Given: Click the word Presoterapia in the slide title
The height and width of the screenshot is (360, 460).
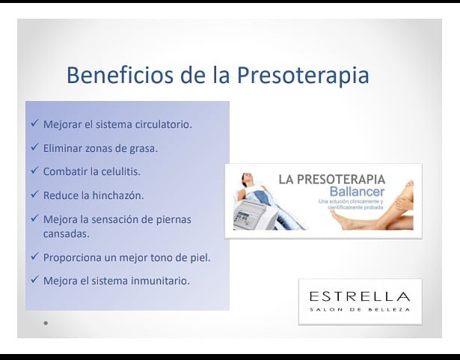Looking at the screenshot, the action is (x=303, y=76).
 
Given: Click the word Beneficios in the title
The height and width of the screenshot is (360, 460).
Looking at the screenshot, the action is (x=120, y=75).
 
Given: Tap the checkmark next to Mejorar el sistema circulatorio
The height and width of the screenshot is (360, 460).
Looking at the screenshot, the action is (x=34, y=123).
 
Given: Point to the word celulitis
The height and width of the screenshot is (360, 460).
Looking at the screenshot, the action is (x=121, y=171).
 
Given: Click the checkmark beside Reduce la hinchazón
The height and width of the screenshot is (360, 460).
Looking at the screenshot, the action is (x=34, y=194).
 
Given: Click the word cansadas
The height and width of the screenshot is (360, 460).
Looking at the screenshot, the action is (x=66, y=234).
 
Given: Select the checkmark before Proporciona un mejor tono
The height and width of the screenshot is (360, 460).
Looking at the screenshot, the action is (x=34, y=256).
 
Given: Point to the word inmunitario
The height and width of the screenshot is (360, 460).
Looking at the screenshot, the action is (x=160, y=281).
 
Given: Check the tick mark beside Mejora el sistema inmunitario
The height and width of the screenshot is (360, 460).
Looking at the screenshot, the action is (x=34, y=279).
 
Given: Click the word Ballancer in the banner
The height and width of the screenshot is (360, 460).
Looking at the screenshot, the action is (x=357, y=192).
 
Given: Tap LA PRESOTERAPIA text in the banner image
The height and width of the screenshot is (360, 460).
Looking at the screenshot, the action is (x=332, y=180).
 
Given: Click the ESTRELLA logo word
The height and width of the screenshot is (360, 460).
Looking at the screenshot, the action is (x=360, y=296).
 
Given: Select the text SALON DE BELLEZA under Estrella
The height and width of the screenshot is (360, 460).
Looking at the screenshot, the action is (x=360, y=310).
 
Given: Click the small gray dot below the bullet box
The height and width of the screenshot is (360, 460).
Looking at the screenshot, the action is (x=46, y=323).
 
